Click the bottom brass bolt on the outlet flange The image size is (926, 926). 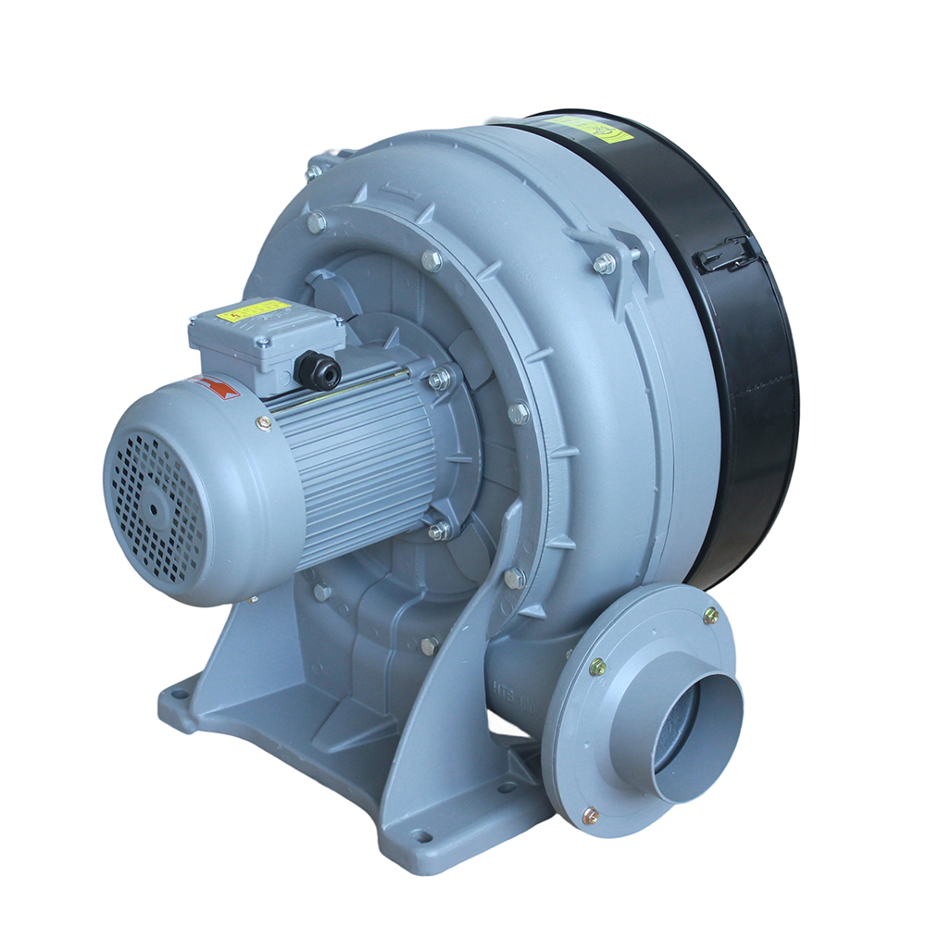pyautogui.click(x=589, y=815)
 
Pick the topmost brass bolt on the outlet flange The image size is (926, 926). pyautogui.click(x=710, y=615)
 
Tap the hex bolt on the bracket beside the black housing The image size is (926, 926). pyautogui.click(x=605, y=264)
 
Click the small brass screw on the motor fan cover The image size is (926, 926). pyautogui.click(x=264, y=422)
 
